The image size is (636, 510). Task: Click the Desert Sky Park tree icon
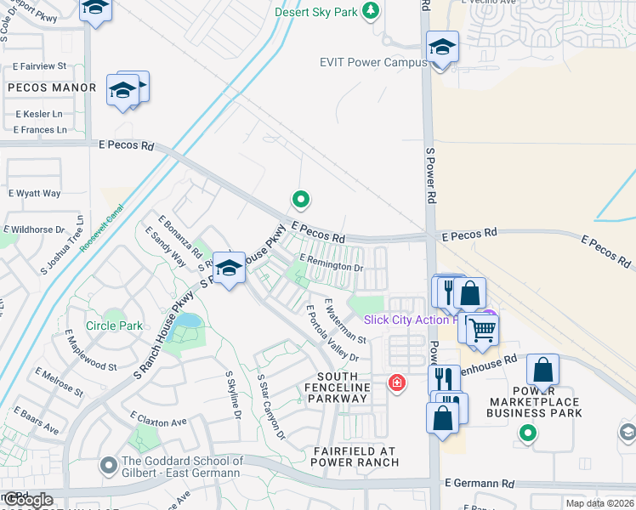[x=370, y=11]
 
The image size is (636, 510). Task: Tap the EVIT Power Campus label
[x=372, y=62]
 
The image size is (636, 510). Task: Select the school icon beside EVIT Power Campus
[x=442, y=48]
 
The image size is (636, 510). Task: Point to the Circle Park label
[x=114, y=326]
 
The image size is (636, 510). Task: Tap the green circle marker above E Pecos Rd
[x=300, y=200]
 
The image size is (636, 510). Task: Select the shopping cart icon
[x=482, y=328]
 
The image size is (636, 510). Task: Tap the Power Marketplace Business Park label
[x=534, y=407]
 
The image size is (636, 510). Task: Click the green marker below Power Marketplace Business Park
[x=528, y=433]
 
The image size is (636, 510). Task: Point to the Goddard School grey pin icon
[x=108, y=465]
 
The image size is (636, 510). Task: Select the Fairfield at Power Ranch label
[x=355, y=456]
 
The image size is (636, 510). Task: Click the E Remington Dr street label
[x=332, y=266]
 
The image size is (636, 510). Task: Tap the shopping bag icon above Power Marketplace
[x=543, y=371]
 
